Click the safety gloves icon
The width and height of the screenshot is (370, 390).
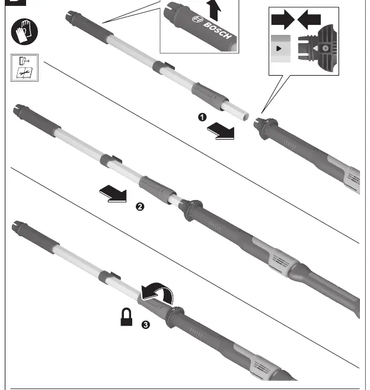pos(24,31)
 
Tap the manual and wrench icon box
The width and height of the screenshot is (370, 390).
pos(24,67)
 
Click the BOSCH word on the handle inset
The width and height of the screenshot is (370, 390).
pos(218,31)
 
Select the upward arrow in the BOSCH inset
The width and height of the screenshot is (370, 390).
pos(215,11)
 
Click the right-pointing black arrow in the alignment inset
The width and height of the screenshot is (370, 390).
pos(283,20)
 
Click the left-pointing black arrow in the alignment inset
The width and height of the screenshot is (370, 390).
pos(309,20)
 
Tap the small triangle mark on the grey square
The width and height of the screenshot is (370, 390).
pos(279,49)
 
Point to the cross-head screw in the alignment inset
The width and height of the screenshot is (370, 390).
pos(326,49)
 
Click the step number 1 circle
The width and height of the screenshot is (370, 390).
pos(202,117)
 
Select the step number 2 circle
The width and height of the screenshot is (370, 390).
pos(140,207)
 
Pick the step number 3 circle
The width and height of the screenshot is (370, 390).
pos(146,325)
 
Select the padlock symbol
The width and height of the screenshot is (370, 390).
pos(126,317)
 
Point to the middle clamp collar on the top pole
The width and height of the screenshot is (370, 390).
pos(162,67)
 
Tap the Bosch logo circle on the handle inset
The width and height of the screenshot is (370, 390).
pos(198,20)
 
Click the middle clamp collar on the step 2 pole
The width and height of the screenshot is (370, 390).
pos(110,160)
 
